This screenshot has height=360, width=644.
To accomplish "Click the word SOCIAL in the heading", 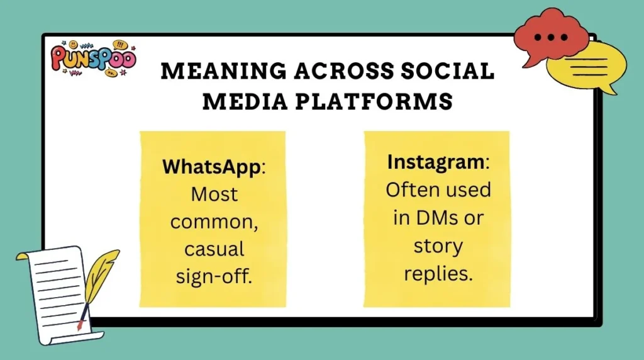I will [x=444, y=72].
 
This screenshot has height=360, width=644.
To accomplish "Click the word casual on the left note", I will [x=214, y=249].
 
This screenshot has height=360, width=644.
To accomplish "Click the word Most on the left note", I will [x=214, y=194].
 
